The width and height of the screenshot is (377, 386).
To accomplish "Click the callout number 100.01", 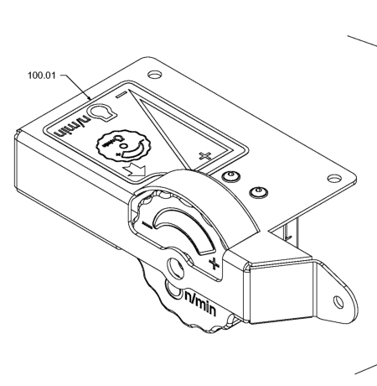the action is point(42,76).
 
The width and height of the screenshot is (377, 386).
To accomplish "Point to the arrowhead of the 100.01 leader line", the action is point(90,98).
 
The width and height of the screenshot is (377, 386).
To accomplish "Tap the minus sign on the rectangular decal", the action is point(121,95).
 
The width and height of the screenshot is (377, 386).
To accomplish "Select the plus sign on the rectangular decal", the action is point(204,156).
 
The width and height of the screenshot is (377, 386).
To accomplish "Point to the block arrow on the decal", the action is point(136,170).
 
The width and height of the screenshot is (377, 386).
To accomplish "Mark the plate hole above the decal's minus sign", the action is point(155,75).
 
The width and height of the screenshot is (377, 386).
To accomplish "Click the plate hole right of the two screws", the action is point(334,179).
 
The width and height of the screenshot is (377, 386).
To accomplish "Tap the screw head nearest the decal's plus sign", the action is point(231,176).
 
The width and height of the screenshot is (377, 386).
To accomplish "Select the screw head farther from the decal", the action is point(258,192).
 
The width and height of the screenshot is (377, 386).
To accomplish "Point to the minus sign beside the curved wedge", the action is point(147,225).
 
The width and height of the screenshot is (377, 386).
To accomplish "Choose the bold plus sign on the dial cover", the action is point(214,263).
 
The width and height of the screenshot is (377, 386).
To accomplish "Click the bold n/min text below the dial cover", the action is point(200,304).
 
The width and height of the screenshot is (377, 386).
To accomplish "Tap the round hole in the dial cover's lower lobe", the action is point(175,269).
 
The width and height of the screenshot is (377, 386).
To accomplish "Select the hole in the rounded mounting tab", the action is point(338,302).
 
